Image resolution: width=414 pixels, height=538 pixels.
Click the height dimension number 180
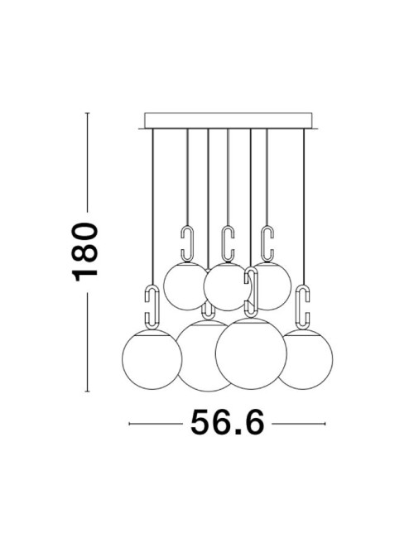86,252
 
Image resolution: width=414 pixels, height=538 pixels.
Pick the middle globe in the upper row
225,286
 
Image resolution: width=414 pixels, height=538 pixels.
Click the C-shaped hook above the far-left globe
152,306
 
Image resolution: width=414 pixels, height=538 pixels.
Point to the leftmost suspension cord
152,207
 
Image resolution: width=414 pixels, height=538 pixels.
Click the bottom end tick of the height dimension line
88,389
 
